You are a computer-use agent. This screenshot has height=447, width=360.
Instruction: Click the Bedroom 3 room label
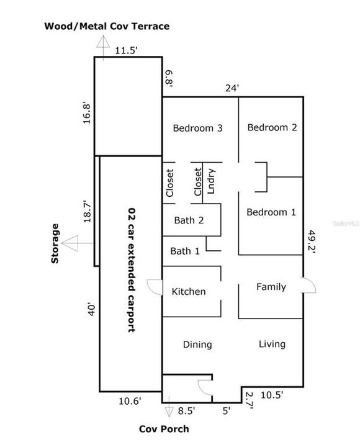click(197, 129)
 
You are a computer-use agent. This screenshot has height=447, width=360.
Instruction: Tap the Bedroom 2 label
click(272, 127)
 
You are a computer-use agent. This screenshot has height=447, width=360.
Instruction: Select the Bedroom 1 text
click(271, 212)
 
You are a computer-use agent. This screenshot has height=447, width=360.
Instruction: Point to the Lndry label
click(211, 181)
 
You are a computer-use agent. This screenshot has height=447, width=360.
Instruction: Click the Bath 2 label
click(189, 219)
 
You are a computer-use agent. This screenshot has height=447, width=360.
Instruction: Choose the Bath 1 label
click(185, 251)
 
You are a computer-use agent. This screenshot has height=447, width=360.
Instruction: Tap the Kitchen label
click(189, 291)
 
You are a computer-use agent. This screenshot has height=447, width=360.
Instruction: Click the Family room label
click(271, 287)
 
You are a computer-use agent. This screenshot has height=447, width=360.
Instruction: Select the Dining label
click(197, 344)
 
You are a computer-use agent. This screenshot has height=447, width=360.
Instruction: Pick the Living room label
click(272, 344)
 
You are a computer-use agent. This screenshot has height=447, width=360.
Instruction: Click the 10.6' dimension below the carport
click(130, 401)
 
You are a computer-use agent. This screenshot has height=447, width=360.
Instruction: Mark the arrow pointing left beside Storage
click(73, 243)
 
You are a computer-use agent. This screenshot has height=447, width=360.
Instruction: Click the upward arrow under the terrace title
click(102, 43)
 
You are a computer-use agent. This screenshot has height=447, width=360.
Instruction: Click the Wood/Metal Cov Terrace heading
click(106, 26)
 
